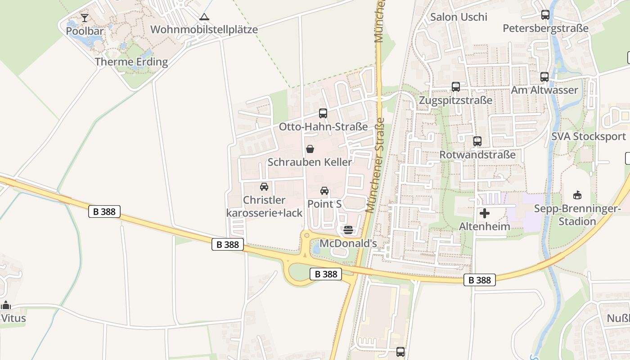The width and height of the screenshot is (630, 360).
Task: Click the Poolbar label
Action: point(85,31)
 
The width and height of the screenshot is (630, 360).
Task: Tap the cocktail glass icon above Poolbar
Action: point(85,18)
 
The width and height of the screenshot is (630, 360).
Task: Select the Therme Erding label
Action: point(131,62)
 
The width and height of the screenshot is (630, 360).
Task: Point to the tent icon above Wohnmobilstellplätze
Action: point(204,17)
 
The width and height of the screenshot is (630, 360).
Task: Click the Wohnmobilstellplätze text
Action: point(204,30)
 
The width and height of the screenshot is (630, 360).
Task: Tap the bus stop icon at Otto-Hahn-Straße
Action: point(323,113)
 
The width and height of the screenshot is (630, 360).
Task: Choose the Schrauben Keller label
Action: point(310,162)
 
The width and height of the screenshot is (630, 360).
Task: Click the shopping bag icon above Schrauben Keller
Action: point(310,149)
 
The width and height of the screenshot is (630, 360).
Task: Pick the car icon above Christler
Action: point(264,187)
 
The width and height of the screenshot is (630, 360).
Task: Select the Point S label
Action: point(324,204)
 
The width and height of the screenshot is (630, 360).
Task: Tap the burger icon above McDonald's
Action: point(348,230)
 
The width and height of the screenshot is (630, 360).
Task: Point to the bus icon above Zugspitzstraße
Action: point(456,87)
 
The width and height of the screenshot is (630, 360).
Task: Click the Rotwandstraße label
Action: point(477,155)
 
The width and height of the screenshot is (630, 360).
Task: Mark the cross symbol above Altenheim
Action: point(485,213)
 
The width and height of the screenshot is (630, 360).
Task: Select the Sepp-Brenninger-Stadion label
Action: point(577,215)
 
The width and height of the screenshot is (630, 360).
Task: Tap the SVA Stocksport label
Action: point(589,136)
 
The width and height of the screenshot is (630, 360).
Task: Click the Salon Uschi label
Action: point(459,17)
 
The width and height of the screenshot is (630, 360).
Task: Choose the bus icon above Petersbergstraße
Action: point(545,15)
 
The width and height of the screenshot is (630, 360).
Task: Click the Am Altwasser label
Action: point(544,90)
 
